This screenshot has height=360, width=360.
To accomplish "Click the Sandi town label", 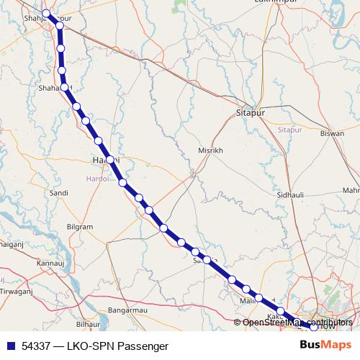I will click(58, 193).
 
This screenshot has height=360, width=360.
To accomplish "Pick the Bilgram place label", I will click(80, 227).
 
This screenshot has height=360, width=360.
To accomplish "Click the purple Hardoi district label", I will click(96, 178).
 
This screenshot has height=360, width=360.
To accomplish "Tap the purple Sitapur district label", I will click(289, 130).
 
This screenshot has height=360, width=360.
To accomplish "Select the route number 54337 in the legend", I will click(35, 346).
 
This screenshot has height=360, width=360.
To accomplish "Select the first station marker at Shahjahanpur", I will click(46, 14).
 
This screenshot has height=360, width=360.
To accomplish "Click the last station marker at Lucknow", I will click(313, 328).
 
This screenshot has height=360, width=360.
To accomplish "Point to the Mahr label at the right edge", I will click(351, 190).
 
